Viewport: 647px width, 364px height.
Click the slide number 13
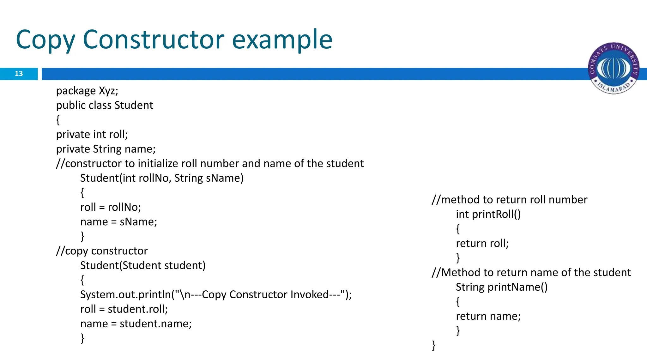tap(19, 74)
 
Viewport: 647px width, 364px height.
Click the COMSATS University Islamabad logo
tap(614, 68)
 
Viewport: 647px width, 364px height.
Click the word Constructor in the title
tap(154, 39)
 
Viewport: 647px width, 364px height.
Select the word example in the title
tap(282, 40)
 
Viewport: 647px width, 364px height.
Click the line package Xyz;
tap(87, 91)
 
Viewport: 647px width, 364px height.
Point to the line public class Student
tap(105, 105)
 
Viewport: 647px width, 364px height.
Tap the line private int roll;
tap(92, 134)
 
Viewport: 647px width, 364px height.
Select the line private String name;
tap(106, 149)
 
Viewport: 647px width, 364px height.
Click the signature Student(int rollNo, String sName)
tap(162, 178)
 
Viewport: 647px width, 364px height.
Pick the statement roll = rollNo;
tap(111, 207)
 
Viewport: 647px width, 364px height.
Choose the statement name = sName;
tap(118, 221)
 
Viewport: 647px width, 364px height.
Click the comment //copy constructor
tap(102, 251)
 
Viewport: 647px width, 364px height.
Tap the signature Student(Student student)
tap(143, 265)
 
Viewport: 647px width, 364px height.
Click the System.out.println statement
tap(216, 294)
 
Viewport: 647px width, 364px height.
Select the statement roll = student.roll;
tap(124, 309)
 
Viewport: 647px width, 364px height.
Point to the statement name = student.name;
tap(136, 324)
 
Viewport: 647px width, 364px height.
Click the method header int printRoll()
tap(488, 214)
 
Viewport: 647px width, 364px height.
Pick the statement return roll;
tap(482, 243)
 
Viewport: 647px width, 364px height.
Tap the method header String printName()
tap(501, 287)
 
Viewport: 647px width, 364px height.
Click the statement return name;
tap(488, 316)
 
